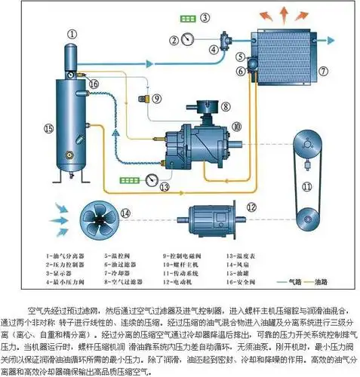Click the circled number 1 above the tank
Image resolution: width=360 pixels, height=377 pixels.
[x=73, y=34]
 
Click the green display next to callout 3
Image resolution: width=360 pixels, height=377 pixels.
[x=184, y=17]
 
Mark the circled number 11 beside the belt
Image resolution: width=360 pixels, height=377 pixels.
[x=307, y=185]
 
